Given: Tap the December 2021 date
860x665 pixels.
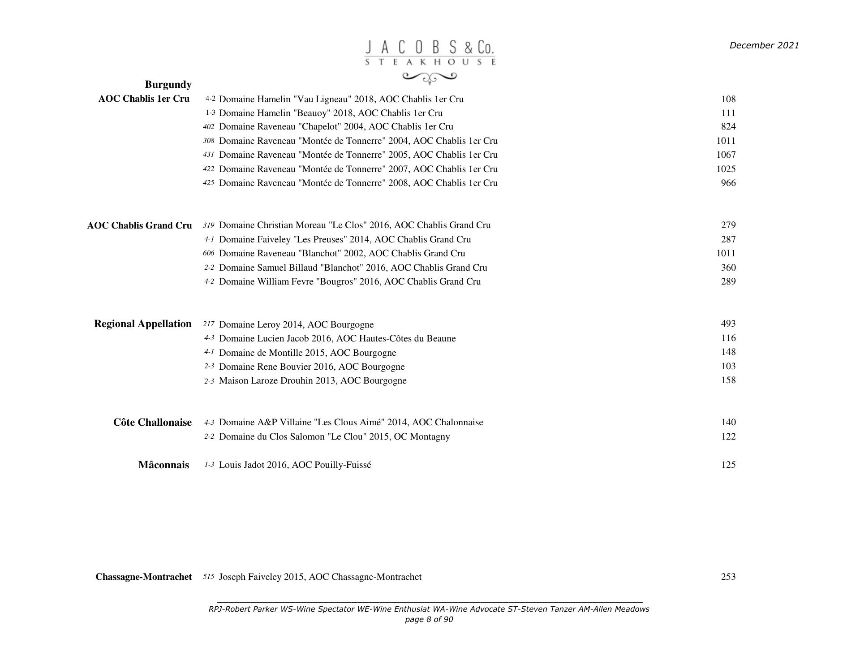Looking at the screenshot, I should pyautogui.click(x=764, y=45).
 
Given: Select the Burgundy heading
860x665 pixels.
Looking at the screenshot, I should pyautogui.click(x=168, y=85).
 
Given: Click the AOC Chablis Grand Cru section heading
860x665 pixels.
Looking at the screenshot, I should pyautogui.click(x=139, y=225).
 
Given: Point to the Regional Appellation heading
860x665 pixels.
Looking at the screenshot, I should pyautogui.click(x=142, y=324).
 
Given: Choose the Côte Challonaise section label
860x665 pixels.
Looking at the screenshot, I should pyautogui.click(x=152, y=423).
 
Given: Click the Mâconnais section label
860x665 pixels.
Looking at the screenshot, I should pyautogui.click(x=163, y=465).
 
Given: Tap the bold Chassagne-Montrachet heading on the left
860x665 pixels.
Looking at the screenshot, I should pyautogui.click(x=143, y=577).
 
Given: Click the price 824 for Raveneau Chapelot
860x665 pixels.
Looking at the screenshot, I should pyautogui.click(x=728, y=126).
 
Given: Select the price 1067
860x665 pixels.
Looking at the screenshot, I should pyautogui.click(x=726, y=155).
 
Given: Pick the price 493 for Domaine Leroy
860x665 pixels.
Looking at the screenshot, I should pyautogui.click(x=728, y=324).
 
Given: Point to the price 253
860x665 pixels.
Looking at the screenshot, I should pyautogui.click(x=728, y=577).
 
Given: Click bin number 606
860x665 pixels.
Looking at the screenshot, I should pyautogui.click(x=208, y=253).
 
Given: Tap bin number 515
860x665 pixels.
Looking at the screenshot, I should pyautogui.click(x=208, y=577).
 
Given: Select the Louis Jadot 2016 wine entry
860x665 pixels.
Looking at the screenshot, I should pyautogui.click(x=295, y=465).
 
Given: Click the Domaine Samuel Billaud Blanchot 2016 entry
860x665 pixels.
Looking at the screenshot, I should pyautogui.click(x=353, y=268).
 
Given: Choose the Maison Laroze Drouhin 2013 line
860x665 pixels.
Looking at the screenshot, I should pyautogui.click(x=312, y=381).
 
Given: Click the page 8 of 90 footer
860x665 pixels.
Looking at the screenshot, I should pyautogui.click(x=429, y=620).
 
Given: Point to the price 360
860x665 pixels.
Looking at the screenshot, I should pyautogui.click(x=728, y=268).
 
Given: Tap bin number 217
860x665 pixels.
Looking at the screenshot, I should pyautogui.click(x=208, y=324).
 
